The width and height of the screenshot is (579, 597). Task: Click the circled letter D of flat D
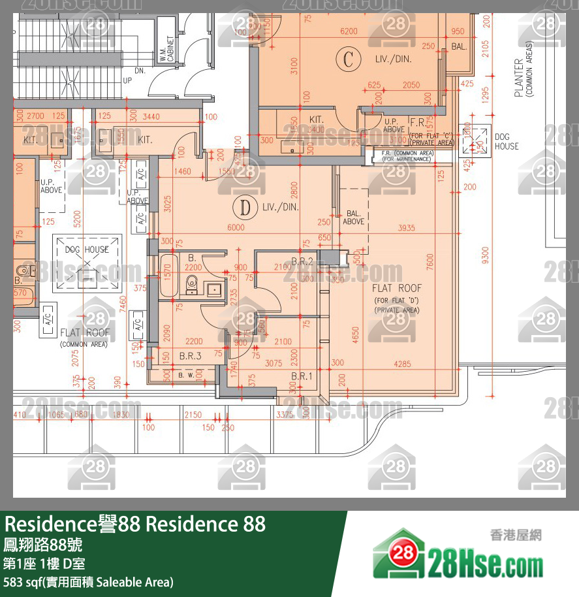click(x=245, y=208)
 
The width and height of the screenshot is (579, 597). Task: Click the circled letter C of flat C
click(x=348, y=59)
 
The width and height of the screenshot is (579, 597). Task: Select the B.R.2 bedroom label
click(x=302, y=261)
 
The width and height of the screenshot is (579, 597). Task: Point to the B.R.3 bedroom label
click(x=190, y=357)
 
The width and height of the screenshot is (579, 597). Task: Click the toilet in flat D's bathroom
click(x=192, y=282)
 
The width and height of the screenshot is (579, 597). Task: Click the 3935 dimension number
click(x=407, y=227)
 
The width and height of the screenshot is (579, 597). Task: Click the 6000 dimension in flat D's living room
click(x=236, y=227)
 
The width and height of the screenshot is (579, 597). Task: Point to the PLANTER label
click(x=518, y=78)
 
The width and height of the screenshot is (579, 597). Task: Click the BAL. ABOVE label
click(x=353, y=218)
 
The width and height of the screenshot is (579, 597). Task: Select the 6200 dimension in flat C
click(x=349, y=31)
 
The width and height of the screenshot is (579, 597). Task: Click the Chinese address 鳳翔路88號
click(x=43, y=543)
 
